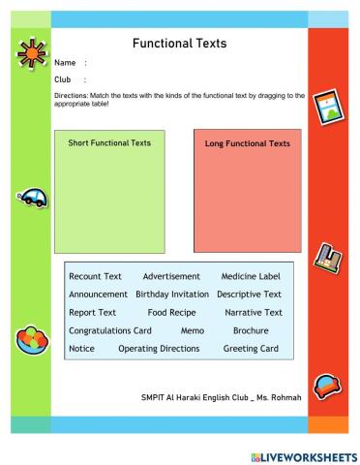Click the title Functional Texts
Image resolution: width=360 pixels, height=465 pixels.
click(179, 43)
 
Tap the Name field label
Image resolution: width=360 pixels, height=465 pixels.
click(65, 63)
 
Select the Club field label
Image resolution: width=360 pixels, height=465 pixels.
click(63, 79)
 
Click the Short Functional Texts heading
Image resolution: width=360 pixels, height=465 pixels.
click(109, 143)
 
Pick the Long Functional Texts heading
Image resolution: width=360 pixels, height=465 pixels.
click(247, 143)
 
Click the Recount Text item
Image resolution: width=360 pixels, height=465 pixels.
click(95, 276)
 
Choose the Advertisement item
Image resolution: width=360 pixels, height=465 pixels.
click(171, 276)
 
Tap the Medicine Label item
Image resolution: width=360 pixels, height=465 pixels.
click(251, 276)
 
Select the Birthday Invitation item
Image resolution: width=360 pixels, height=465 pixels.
click(172, 294)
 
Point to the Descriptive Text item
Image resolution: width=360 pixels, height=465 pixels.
click(249, 294)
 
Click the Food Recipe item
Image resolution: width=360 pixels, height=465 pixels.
click(171, 313)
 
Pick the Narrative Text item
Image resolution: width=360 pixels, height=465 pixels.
click(253, 313)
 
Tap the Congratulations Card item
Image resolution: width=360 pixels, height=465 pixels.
click(110, 330)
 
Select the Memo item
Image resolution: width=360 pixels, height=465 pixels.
click(192, 330)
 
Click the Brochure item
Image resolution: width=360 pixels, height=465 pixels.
click(251, 330)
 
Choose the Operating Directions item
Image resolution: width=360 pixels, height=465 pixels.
click(159, 349)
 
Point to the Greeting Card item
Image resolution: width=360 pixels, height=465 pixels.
click(251, 349)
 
